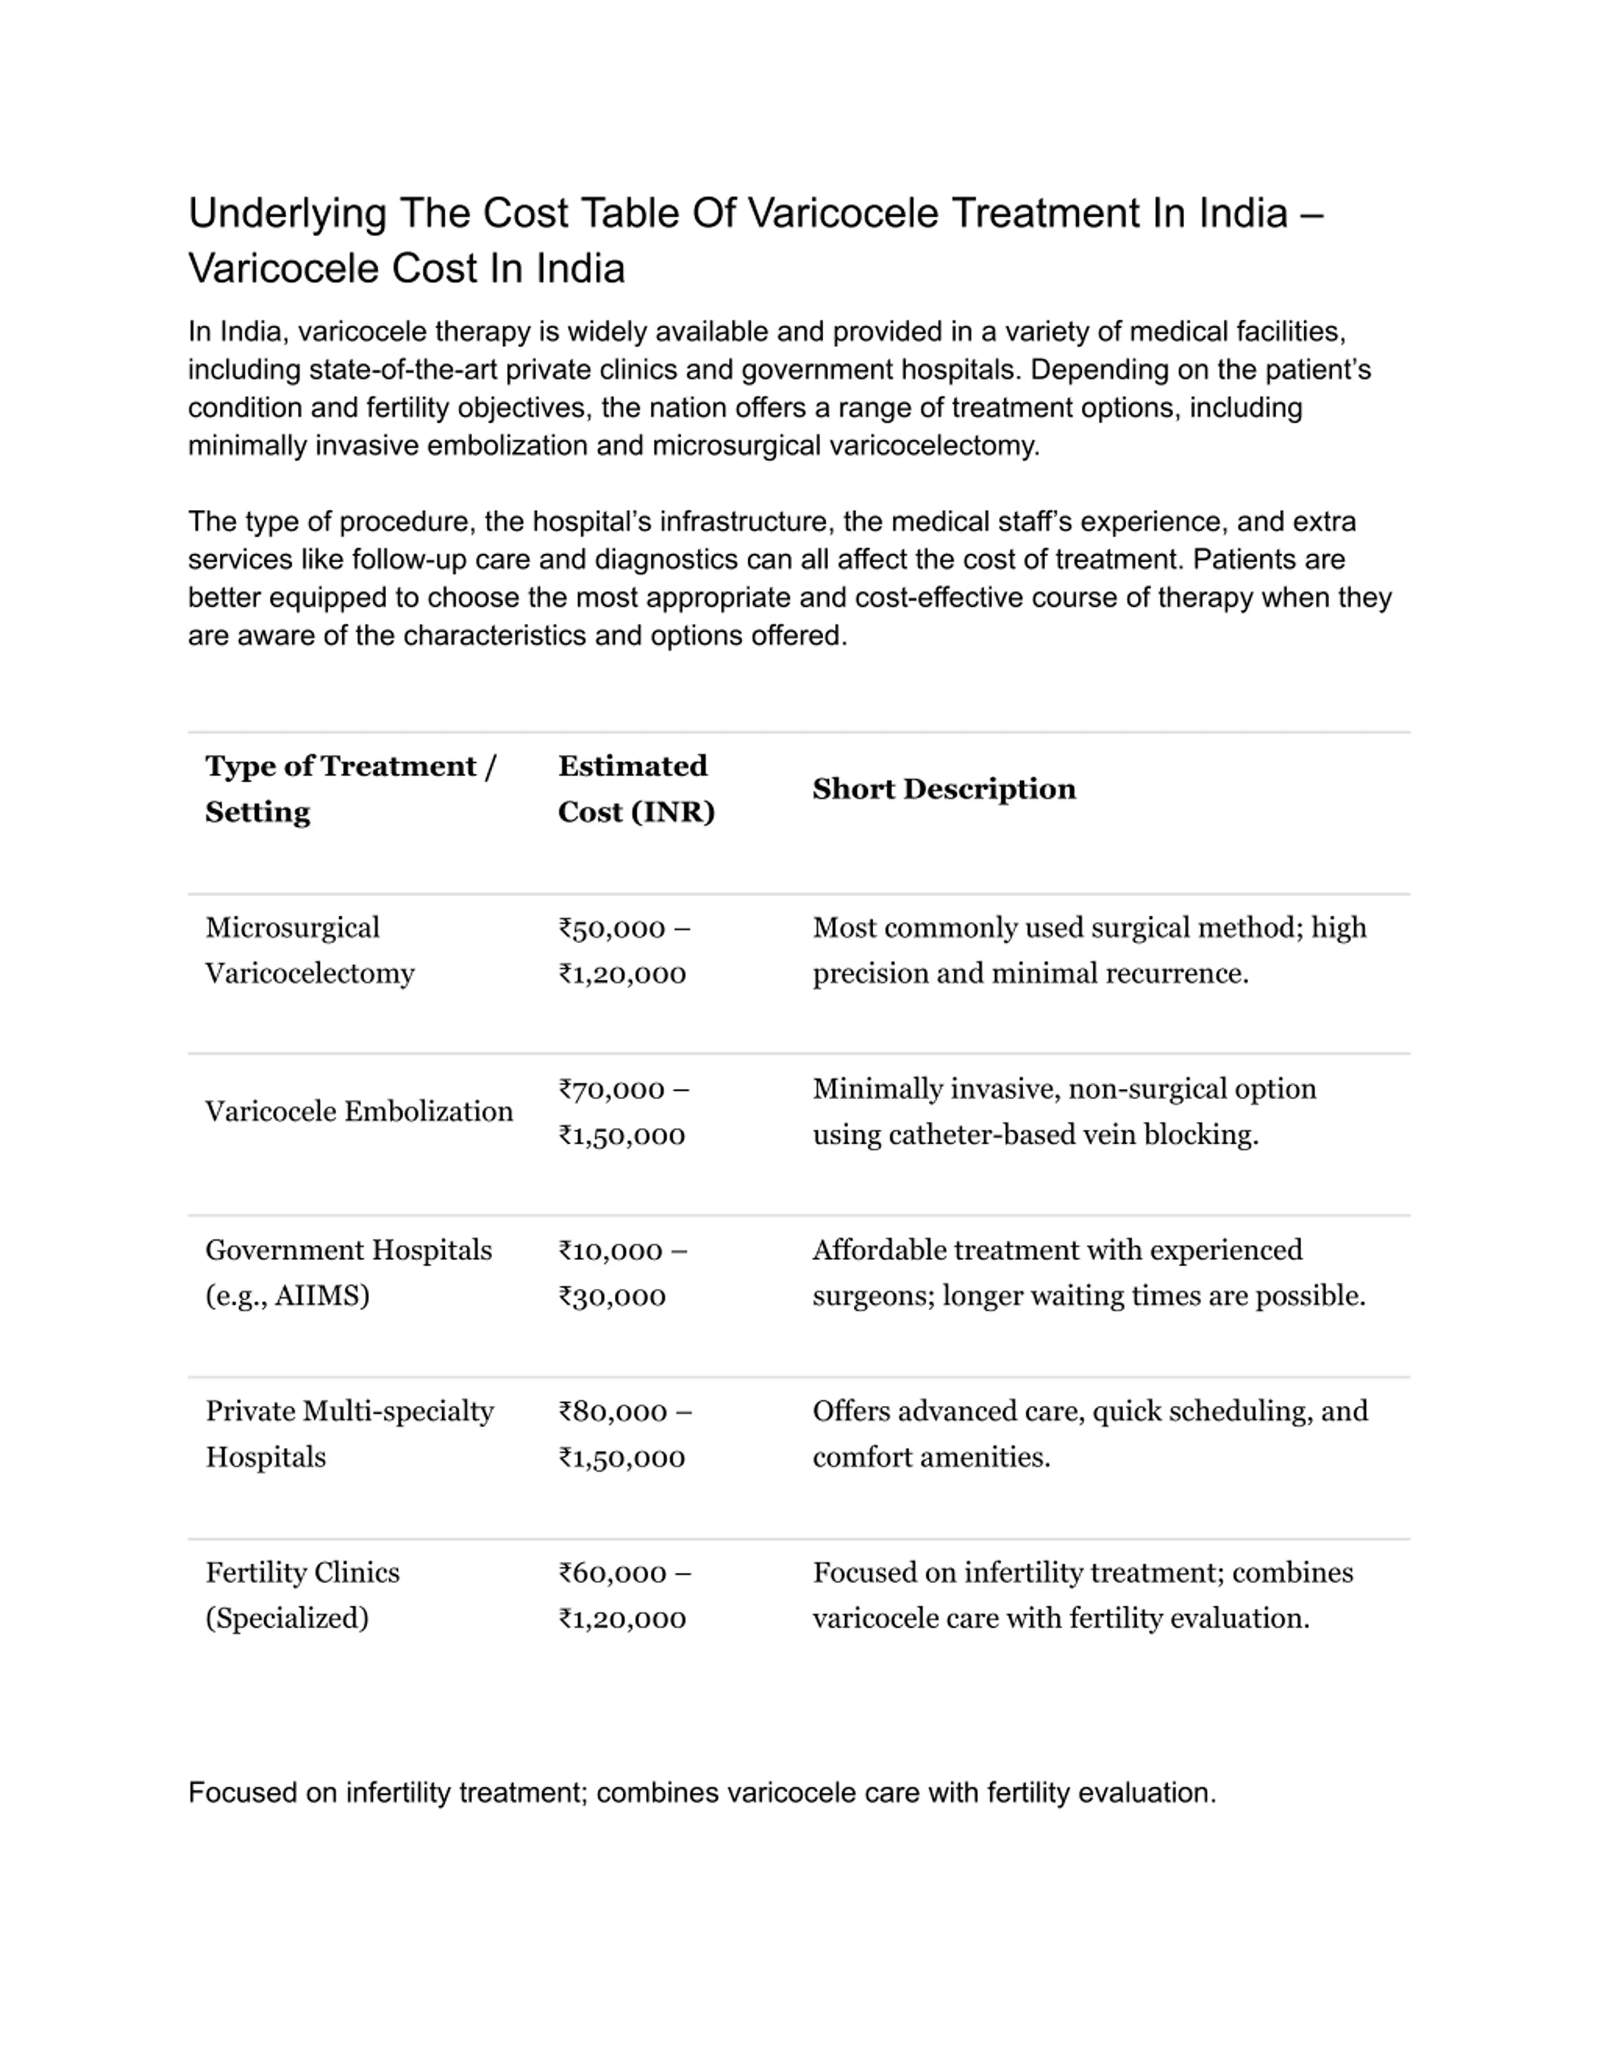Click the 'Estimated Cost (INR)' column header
pyautogui.click(x=636, y=789)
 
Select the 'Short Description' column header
pyautogui.click(x=944, y=789)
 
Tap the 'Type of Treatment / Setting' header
pyautogui.click(x=350, y=789)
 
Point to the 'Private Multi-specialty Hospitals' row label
pyautogui.click(x=350, y=1434)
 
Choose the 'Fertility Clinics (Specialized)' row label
pyautogui.click(x=302, y=1595)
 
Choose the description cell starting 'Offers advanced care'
pyautogui.click(x=1089, y=1434)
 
